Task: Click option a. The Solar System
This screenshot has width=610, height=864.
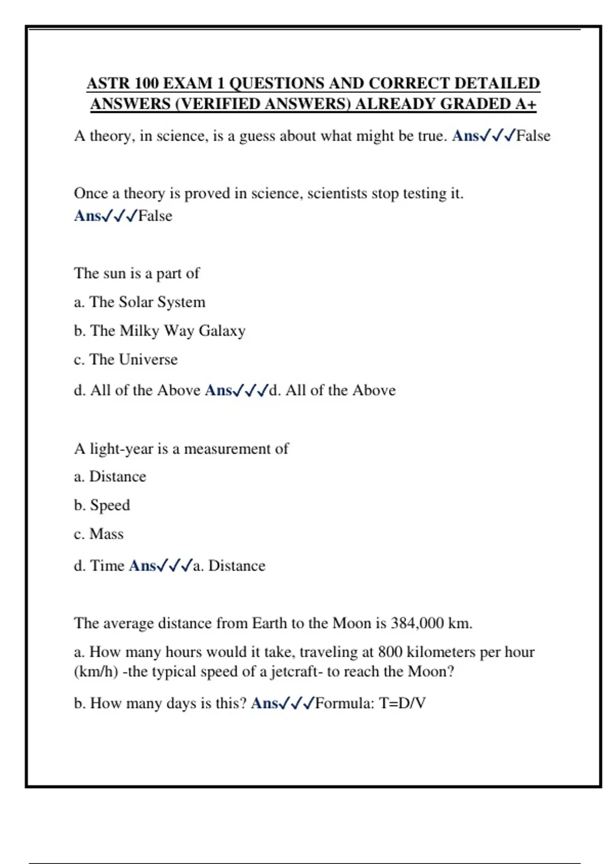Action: (140, 302)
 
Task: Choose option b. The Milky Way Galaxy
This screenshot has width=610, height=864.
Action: (160, 331)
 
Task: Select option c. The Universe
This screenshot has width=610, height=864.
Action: (126, 360)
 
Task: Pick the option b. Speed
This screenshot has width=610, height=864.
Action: (102, 505)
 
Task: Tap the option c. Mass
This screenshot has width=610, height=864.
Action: (99, 534)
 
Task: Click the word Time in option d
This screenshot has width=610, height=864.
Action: (107, 566)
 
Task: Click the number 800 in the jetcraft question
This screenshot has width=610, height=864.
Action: (390, 652)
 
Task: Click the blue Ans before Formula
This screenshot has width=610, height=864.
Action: (264, 703)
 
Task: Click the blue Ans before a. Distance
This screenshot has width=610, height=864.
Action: (142, 566)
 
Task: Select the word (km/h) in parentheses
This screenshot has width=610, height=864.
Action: (96, 672)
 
